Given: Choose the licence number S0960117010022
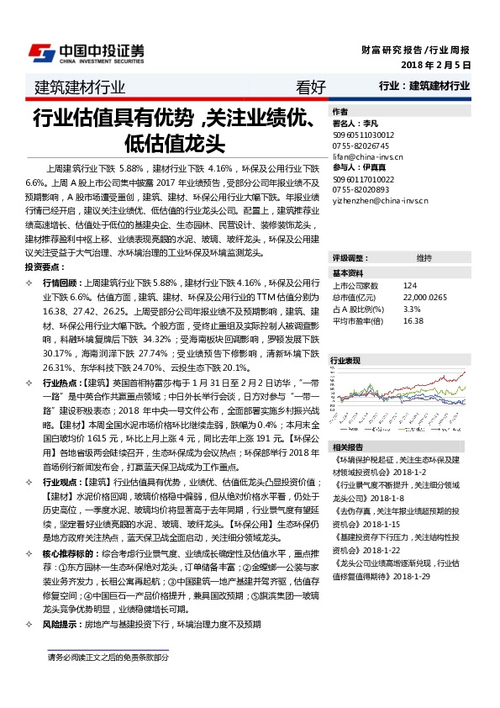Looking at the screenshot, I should [363, 179].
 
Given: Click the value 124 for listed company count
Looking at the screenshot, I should [409, 285].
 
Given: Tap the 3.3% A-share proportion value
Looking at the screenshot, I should [411, 309].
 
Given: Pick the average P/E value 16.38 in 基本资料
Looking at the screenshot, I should [413, 320].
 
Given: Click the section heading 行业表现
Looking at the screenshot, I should [345, 360].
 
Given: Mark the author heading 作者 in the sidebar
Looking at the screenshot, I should [339, 111].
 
